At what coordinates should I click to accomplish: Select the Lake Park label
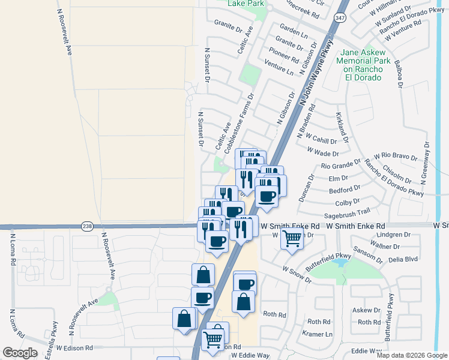tap(246, 4)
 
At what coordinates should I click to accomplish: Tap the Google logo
tap(20, 352)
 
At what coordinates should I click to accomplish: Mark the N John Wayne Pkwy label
tap(316, 72)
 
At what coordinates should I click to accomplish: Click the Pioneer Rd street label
tap(285, 56)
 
